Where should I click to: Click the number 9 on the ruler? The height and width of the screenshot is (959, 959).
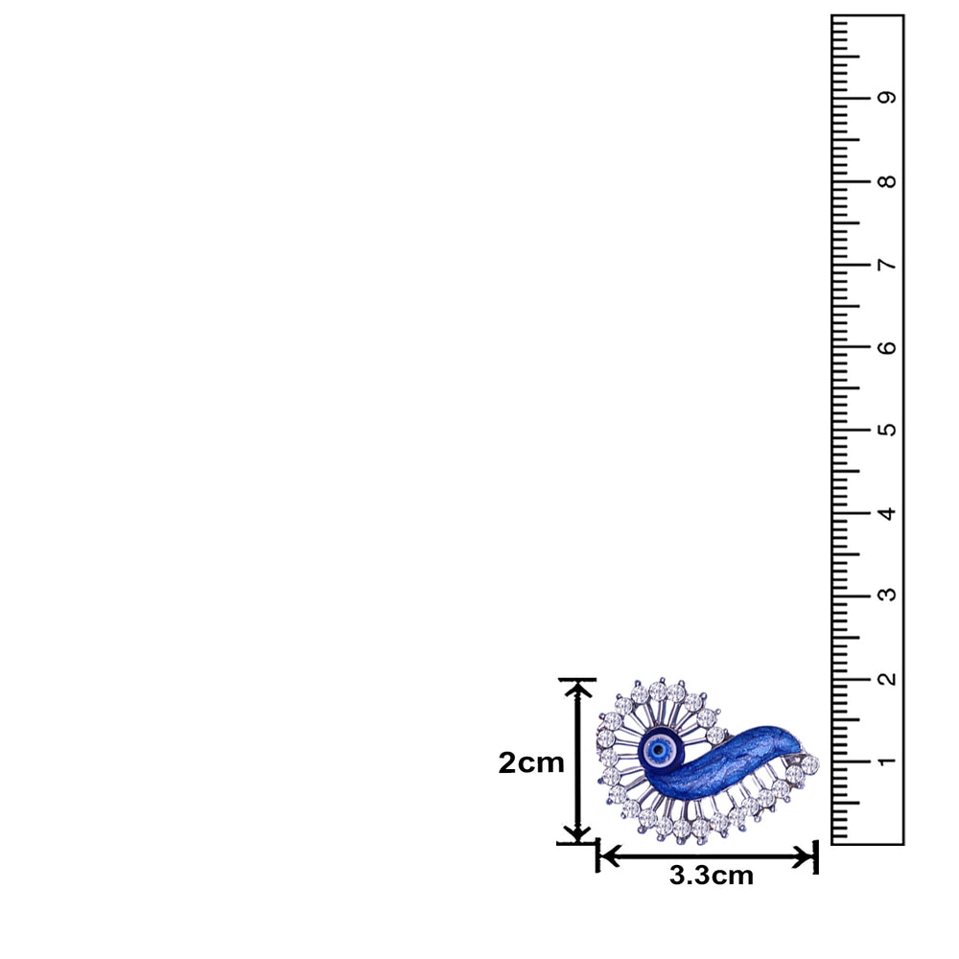(x=887, y=97)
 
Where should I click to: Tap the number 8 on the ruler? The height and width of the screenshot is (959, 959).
(x=887, y=181)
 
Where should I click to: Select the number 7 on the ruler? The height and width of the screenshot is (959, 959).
(x=887, y=265)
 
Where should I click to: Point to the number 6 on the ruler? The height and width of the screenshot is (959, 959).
(x=887, y=347)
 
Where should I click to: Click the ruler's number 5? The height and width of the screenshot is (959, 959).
(x=887, y=430)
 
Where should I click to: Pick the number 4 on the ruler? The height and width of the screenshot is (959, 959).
(x=887, y=513)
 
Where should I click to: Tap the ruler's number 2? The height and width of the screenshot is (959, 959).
(x=887, y=678)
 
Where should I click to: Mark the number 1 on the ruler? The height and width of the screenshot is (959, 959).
(x=887, y=761)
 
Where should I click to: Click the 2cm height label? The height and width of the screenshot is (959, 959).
(x=531, y=762)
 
